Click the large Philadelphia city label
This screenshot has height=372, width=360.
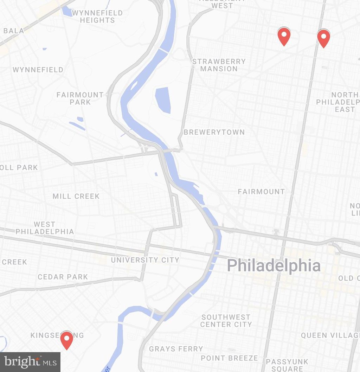[x=274, y=265]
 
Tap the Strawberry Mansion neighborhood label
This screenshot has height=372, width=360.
[x=219, y=65]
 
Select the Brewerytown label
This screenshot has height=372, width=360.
[x=214, y=132]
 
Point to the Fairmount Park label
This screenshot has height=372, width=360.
[x=80, y=98]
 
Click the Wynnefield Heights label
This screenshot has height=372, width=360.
[x=97, y=17]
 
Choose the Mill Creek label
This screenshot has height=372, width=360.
[x=76, y=196]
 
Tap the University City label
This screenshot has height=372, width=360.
[x=145, y=260]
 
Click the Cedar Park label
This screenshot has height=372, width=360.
[x=63, y=277]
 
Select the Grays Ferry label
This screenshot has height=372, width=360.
[x=176, y=349]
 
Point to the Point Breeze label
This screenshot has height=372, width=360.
[x=229, y=358]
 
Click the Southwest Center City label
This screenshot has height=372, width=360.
[x=226, y=321]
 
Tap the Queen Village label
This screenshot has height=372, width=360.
[x=330, y=335]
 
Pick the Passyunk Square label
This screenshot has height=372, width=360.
[x=287, y=365]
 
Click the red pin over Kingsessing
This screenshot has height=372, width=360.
[x=66, y=340]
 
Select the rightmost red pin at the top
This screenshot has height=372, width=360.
[x=323, y=38]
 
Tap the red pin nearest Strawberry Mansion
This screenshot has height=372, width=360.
[x=284, y=36]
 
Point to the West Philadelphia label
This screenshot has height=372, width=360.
[x=45, y=228]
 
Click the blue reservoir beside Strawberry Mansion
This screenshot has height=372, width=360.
[x=163, y=100]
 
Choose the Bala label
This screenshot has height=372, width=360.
[x=14, y=31]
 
